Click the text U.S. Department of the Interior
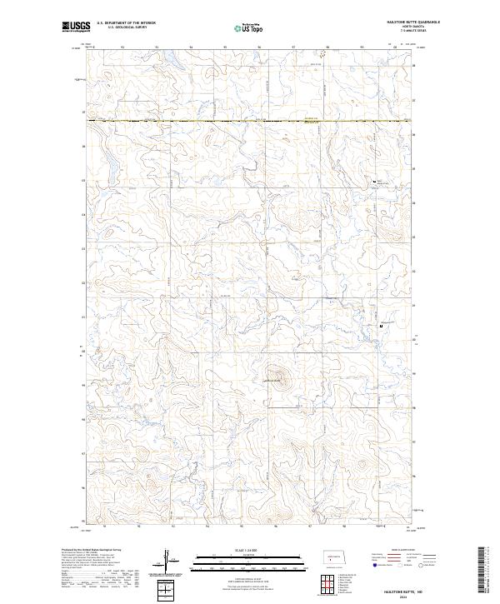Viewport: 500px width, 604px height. pyautogui.click(x=126, y=22)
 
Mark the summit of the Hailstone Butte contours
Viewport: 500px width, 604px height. pyautogui.click(x=276, y=374)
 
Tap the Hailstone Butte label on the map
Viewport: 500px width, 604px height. pyautogui.click(x=274, y=382)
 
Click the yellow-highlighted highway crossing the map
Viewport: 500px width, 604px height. pyautogui.click(x=250, y=122)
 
